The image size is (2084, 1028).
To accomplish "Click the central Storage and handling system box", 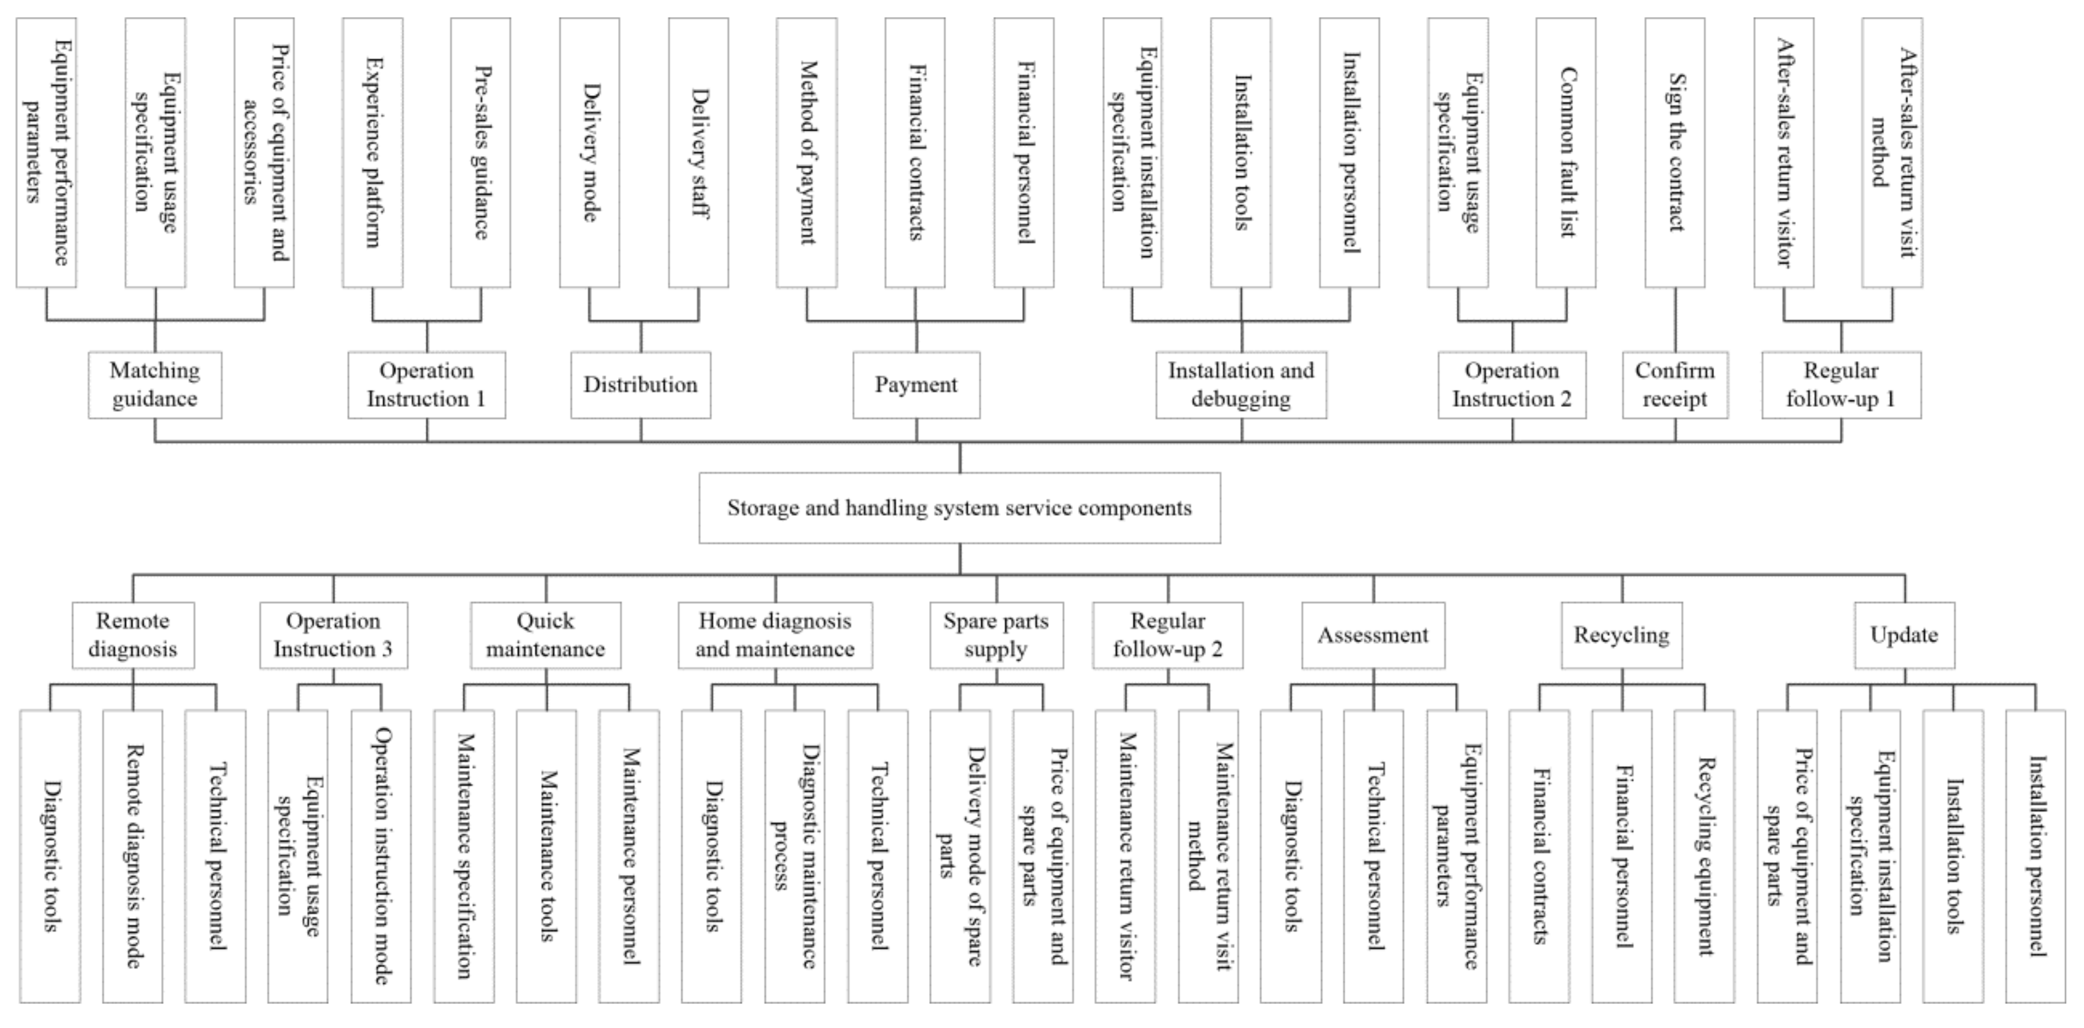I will [x=960, y=508].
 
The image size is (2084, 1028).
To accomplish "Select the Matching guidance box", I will [x=155, y=385].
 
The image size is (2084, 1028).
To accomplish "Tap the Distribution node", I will [x=641, y=385].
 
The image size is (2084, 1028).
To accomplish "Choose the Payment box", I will [x=916, y=385].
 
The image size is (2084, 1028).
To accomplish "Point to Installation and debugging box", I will [x=1241, y=385].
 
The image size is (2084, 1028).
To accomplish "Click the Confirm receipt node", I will [x=1675, y=385].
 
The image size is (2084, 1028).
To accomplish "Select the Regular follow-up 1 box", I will [x=1841, y=385].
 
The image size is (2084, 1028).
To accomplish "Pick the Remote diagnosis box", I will [x=133, y=635].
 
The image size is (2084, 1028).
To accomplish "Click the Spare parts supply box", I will [x=996, y=635].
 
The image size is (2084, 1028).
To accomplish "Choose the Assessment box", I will [x=1373, y=635].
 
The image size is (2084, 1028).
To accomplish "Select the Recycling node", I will [x=1621, y=635].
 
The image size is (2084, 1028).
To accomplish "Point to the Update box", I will [x=1905, y=635].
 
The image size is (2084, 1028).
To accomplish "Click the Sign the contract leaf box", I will [x=1675, y=153].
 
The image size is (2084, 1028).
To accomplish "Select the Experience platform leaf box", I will [x=372, y=153].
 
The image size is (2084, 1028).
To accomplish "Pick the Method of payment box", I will [x=807, y=153].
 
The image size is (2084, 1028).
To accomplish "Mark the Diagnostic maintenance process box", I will [x=794, y=856].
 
